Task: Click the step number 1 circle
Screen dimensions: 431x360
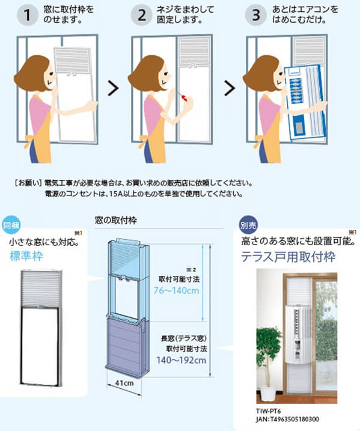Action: [x=28, y=16]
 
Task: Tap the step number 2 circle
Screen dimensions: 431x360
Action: [x=142, y=16]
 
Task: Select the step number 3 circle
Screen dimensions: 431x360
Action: [x=255, y=16]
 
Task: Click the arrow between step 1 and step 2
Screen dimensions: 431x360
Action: [x=111, y=90]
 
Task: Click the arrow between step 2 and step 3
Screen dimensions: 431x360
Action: [x=230, y=90]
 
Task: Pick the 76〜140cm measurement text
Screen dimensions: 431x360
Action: [x=179, y=292]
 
